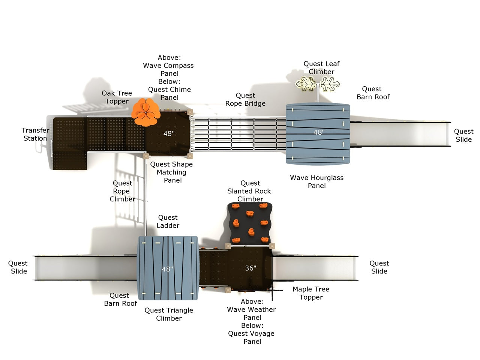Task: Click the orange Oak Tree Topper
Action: [145, 112]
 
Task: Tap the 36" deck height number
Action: [250, 268]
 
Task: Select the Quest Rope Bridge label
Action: [245, 100]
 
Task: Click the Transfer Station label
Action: [35, 134]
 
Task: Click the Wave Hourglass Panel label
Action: [317, 181]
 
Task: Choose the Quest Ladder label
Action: [168, 222]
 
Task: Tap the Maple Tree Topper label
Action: [311, 293]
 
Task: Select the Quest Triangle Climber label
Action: [169, 314]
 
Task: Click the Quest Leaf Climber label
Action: [321, 68]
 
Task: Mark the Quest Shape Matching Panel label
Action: [172, 172]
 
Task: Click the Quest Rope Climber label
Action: [122, 191]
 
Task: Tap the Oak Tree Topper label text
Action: [117, 97]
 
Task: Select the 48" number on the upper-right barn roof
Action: [319, 132]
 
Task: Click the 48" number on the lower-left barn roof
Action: [167, 269]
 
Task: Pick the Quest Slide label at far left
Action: [18, 267]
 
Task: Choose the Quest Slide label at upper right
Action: [463, 135]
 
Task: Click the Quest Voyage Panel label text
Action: [251, 337]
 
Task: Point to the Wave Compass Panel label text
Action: [168, 69]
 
